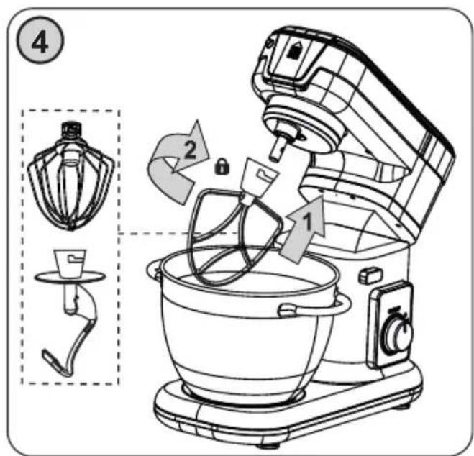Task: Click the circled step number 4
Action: pyautogui.click(x=40, y=40)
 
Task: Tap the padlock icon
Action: pyautogui.click(x=222, y=167)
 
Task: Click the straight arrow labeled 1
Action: pyautogui.click(x=302, y=229)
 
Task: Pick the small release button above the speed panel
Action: pyautogui.click(x=371, y=275)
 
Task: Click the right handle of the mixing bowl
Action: pyautogui.click(x=314, y=308)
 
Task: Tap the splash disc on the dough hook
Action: pyautogui.click(x=70, y=276)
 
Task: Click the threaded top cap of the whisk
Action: pyautogui.click(x=71, y=129)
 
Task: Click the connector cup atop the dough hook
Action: pyautogui.click(x=70, y=263)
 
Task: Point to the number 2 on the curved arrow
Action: pyautogui.click(x=190, y=150)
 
